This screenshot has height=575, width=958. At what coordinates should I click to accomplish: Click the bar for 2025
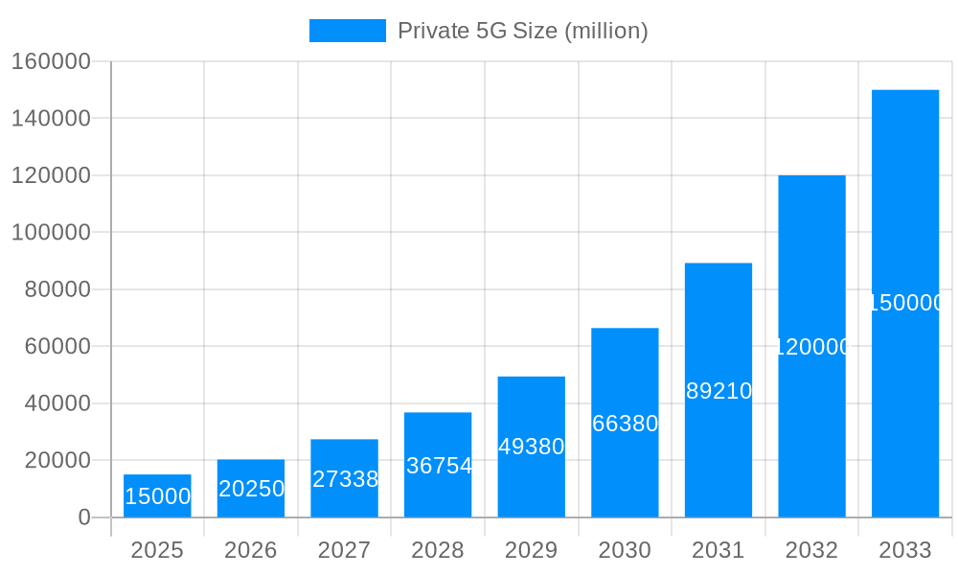pos(157,495)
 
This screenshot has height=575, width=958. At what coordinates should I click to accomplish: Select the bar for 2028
pos(438,465)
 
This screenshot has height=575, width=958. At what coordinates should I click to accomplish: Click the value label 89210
pos(718,391)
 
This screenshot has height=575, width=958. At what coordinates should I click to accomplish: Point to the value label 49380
pos(532,447)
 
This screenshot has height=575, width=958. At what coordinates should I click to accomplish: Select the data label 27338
pos(345,479)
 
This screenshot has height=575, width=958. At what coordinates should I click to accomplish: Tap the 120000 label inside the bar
pos(811,347)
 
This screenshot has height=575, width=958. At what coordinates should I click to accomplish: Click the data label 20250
pos(251,489)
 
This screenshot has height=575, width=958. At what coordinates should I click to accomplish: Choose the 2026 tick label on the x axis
pos(251,550)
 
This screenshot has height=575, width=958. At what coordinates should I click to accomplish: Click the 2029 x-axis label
pos(532,550)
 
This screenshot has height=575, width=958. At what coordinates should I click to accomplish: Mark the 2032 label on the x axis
pos(811,550)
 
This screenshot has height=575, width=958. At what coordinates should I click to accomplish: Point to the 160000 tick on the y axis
pos(51,61)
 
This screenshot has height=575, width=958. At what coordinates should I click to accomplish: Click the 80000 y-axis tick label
pos(57,289)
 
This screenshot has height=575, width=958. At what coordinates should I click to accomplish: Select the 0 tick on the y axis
pos(84,517)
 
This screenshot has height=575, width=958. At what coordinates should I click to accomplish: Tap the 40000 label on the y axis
pos(57,403)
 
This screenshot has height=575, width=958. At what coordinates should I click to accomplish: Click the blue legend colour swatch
pos(347,31)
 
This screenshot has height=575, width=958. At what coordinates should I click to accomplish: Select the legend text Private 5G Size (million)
pos(522,31)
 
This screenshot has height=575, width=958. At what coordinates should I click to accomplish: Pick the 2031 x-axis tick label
pos(718,550)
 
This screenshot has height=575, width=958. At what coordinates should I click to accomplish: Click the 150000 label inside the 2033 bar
pos(905,303)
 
